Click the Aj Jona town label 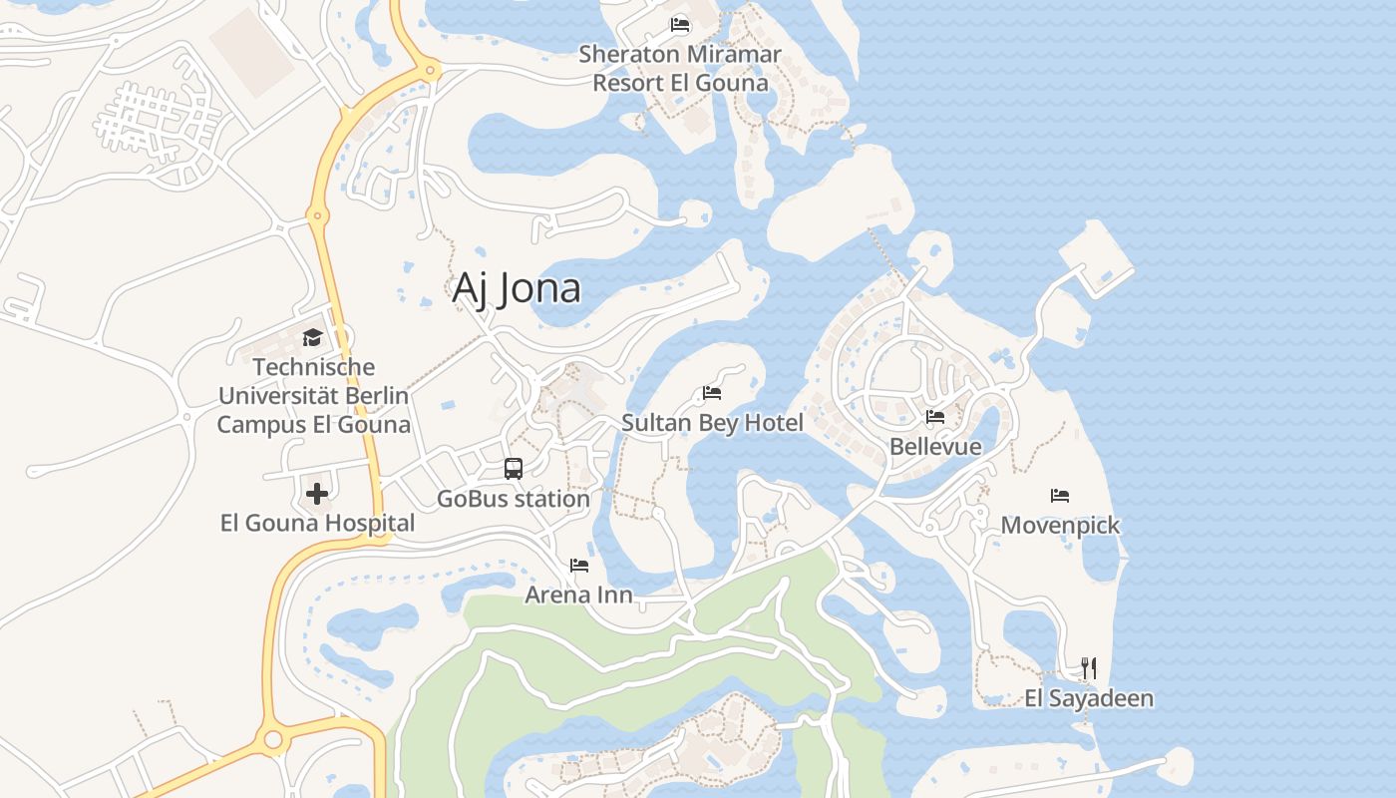517,288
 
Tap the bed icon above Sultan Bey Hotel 712,393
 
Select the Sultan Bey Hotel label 712,423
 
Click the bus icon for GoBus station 514,469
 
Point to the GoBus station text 514,499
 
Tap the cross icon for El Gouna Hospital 317,494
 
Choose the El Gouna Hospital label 317,523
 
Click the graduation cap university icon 313,337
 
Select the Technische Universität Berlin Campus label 313,396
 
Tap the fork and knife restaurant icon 1089,668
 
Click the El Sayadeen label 1089,698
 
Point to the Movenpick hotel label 1060,526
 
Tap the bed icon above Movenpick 1060,496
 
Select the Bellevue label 935,447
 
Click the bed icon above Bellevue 935,417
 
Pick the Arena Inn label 579,596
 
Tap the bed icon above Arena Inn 579,566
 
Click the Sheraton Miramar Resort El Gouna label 680,68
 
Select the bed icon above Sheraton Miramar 680,25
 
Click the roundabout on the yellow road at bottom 270,740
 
